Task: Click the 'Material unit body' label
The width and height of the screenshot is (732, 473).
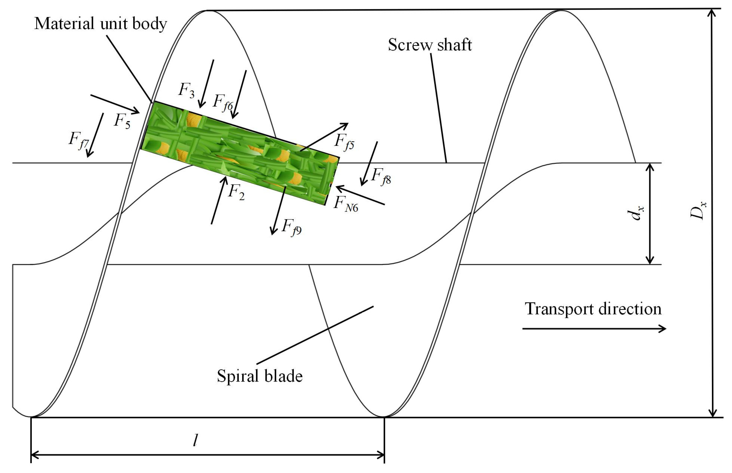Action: (x=100, y=24)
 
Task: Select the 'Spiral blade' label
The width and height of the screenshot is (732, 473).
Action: (x=260, y=376)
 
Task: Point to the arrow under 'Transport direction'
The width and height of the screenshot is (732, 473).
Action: (x=594, y=329)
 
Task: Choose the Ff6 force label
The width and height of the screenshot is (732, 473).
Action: (x=223, y=102)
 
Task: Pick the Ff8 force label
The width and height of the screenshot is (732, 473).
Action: (x=381, y=176)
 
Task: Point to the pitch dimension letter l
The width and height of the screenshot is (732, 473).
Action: (x=195, y=440)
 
